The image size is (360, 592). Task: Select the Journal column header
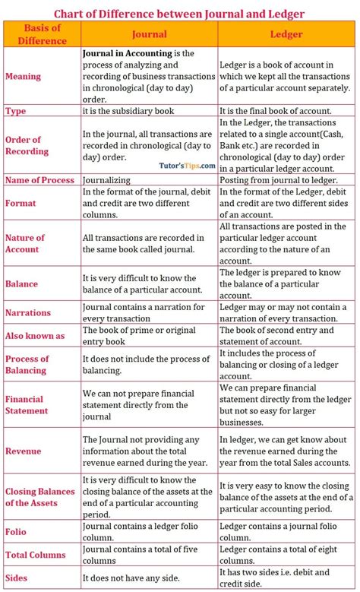pyautogui.click(x=149, y=34)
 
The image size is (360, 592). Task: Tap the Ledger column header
pyautogui.click(x=286, y=34)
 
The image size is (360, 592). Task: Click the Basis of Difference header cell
pyautogui.click(x=42, y=34)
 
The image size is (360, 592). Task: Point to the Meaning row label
pyautogui.click(x=23, y=77)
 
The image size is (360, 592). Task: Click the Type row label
pyautogui.click(x=16, y=110)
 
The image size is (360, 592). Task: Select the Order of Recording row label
pyautogui.click(x=28, y=145)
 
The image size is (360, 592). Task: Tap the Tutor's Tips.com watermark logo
pyautogui.click(x=188, y=165)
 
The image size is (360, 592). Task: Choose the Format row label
pyautogui.click(x=21, y=204)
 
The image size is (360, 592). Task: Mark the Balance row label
pyautogui.click(x=21, y=283)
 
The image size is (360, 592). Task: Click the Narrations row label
pyautogui.click(x=28, y=312)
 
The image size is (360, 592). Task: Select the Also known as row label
pyautogui.click(x=35, y=335)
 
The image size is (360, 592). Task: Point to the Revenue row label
pyautogui.click(x=23, y=451)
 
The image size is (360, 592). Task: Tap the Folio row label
pyautogui.click(x=16, y=532)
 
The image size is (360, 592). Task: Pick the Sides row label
pyautogui.click(x=17, y=578)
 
